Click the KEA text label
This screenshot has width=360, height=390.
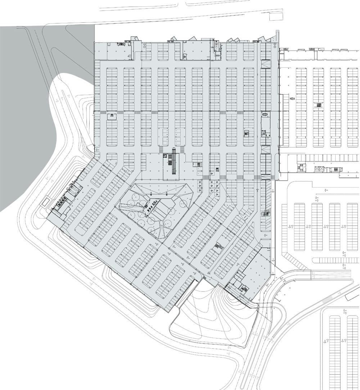pos(292,99)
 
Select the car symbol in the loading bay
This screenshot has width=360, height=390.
pos(264,114)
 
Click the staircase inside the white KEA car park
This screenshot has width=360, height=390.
pos(318,105)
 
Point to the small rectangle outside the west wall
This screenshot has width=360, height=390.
pos(46,202)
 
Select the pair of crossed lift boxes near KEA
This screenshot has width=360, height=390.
pos(319,169)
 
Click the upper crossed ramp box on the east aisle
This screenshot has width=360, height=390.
pos(266,64)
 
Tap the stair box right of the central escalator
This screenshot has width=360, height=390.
pos(198,164)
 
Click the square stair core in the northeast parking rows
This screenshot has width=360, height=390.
pos(247,133)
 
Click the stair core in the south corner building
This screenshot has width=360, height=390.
pos(243,289)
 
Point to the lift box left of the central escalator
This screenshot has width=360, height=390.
pos(165,156)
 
